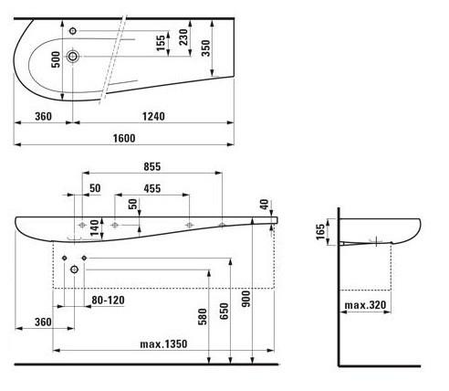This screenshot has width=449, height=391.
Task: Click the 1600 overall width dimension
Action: [124, 138]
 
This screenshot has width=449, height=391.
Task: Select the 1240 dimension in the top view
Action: [153, 116]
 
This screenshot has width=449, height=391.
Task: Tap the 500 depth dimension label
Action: [56, 59]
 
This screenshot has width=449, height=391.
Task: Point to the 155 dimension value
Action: [161, 43]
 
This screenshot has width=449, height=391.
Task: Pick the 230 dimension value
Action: [183, 37]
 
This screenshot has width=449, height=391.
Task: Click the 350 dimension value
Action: [206, 48]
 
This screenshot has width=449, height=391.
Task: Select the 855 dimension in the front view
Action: [152, 166]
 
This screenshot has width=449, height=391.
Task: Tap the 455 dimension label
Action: [152, 188]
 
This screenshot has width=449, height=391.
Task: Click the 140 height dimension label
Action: [95, 228]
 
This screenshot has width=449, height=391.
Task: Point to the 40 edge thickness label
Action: [265, 205]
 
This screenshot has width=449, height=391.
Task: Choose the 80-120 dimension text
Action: [108, 301]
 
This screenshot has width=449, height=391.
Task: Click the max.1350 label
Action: [163, 344]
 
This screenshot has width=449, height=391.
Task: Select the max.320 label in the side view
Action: [365, 305]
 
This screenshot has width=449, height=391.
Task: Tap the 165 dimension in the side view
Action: [320, 232]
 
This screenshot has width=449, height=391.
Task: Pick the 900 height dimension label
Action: [246, 299]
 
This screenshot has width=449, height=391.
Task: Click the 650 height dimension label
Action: [224, 311]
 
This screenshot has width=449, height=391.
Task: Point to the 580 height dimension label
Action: [203, 317]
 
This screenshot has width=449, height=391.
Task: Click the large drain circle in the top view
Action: [73, 56]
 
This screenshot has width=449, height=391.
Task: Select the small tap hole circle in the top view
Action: [73, 31]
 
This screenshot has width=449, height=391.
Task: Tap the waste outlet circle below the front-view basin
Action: [74, 269]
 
